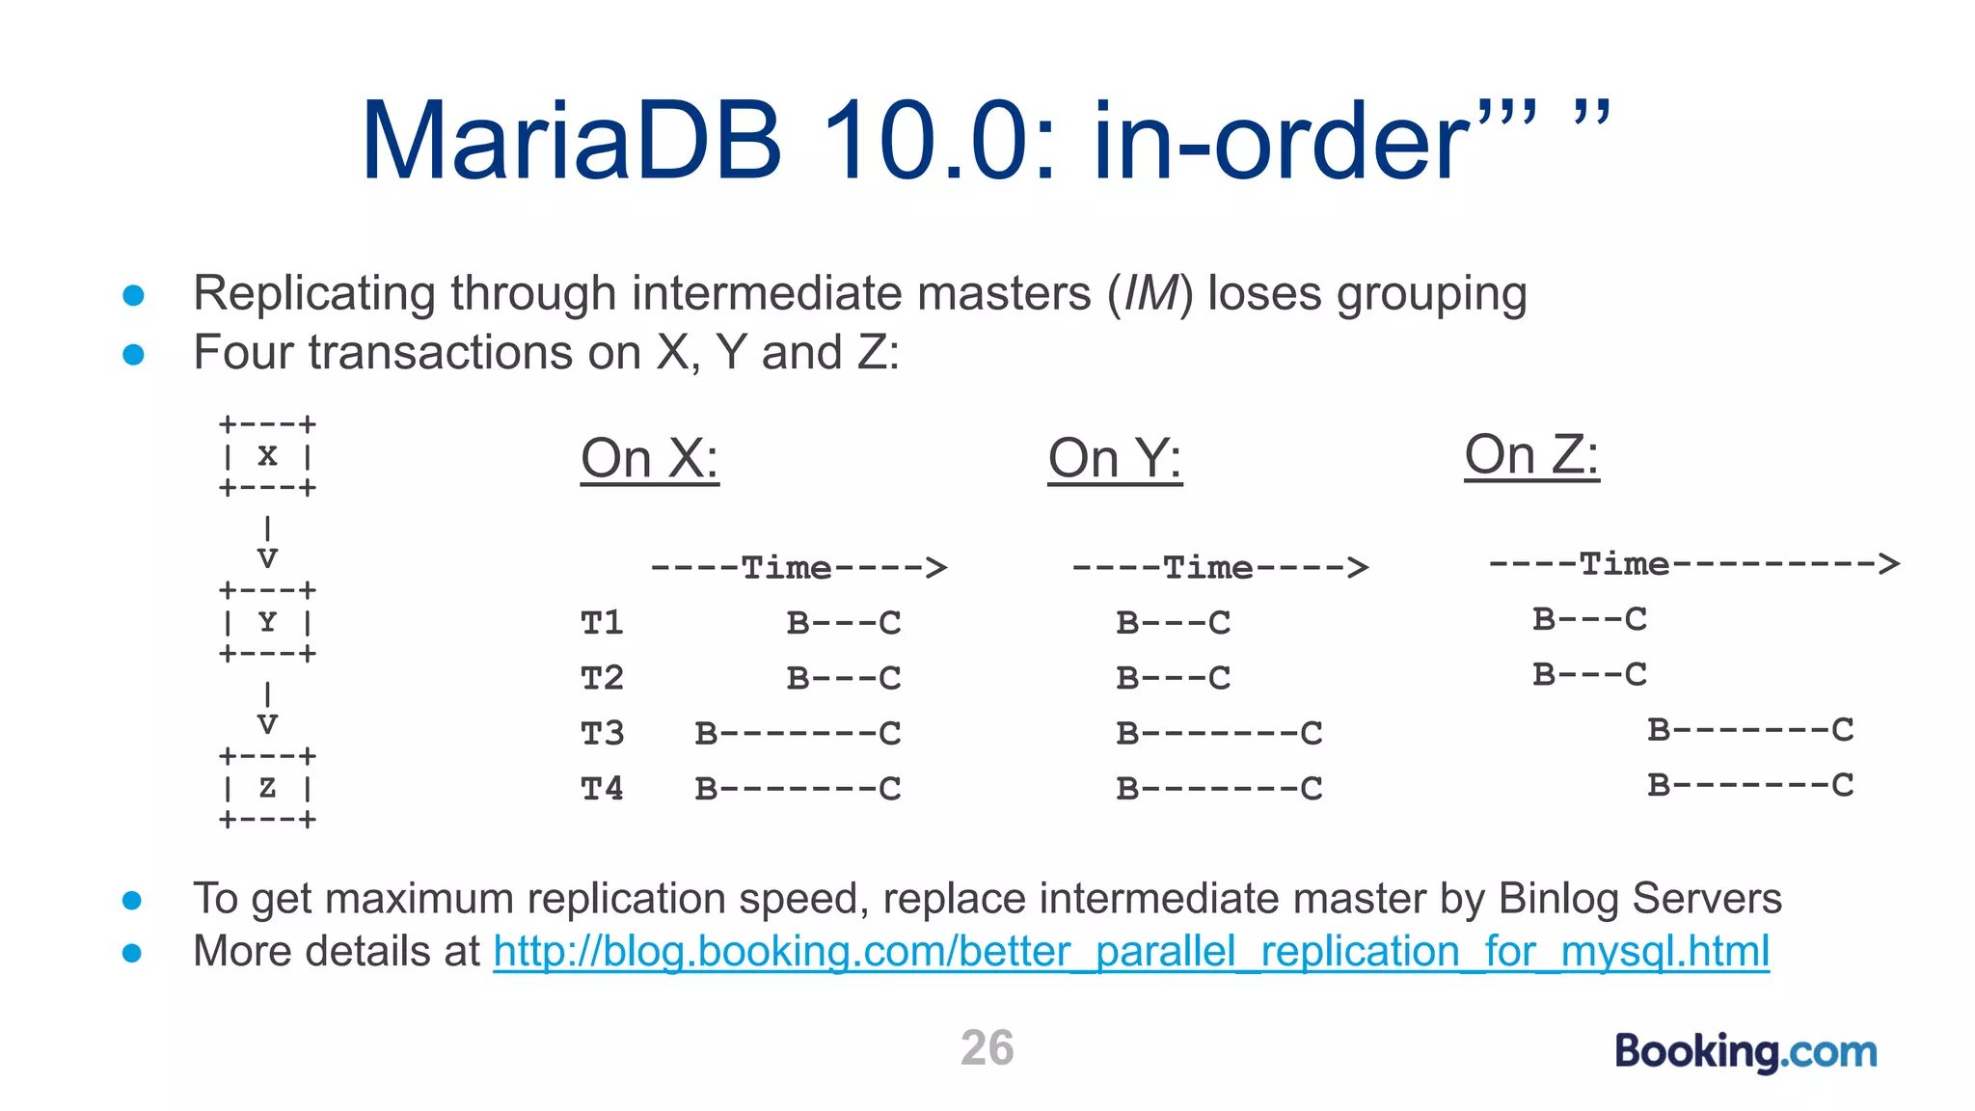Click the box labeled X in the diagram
(x=267, y=455)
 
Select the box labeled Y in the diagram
(x=267, y=622)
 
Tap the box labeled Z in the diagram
(x=267, y=788)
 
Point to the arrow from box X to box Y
(x=267, y=543)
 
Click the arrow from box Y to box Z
(x=267, y=709)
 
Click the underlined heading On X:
(x=649, y=458)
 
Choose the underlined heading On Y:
(x=1115, y=458)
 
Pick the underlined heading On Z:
(x=1531, y=454)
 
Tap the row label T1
(x=602, y=623)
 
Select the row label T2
(x=602, y=678)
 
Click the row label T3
(x=602, y=734)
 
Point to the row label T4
(x=602, y=789)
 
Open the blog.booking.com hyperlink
(x=1130, y=952)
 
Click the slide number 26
(x=987, y=1048)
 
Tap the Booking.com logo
(x=1745, y=1051)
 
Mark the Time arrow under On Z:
(x=1693, y=563)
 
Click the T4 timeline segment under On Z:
(x=1749, y=785)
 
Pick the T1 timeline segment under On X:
(x=844, y=623)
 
